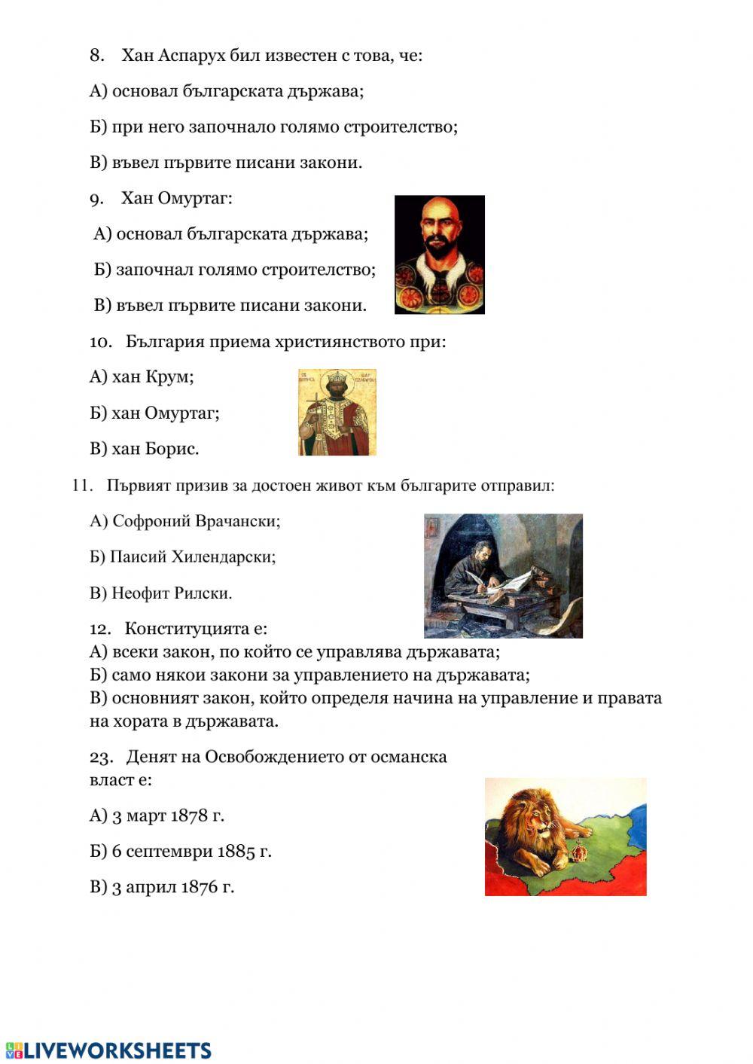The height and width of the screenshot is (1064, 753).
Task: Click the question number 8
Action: (96, 55)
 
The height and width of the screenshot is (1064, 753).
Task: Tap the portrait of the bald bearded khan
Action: (439, 254)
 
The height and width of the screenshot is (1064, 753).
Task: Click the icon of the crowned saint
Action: (337, 412)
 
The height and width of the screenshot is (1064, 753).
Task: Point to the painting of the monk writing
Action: (503, 575)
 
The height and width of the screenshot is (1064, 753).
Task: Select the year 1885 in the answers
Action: (236, 852)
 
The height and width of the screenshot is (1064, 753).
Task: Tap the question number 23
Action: (101, 757)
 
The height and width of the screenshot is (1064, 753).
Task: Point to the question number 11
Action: (81, 486)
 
